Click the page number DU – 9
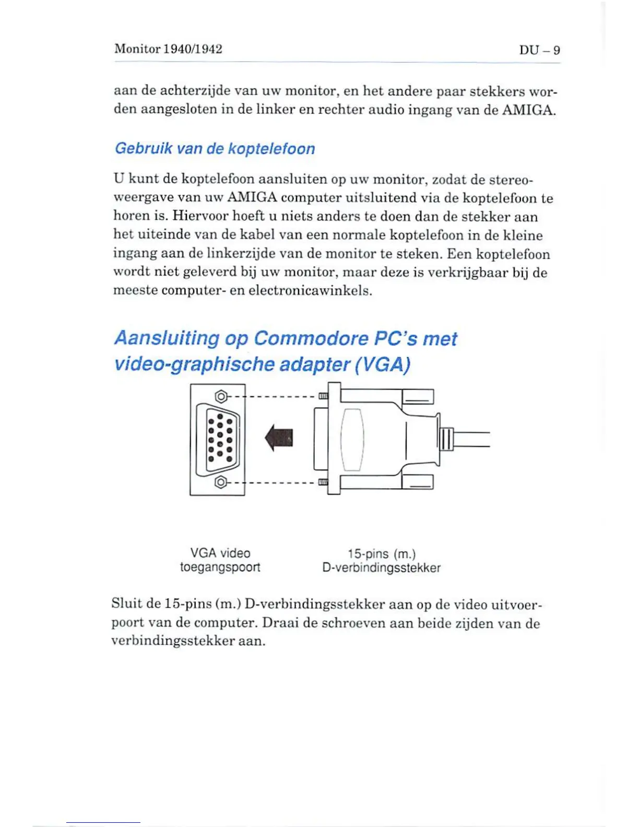point(539,50)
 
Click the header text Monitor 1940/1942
point(168,49)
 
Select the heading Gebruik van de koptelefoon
point(215,149)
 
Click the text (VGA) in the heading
point(382,364)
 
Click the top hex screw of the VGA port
point(221,397)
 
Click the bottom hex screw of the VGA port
point(221,481)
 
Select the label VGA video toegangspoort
point(220,560)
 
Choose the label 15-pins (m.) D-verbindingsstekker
point(381,560)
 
